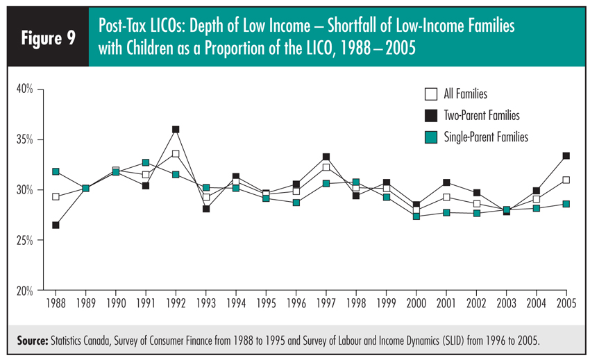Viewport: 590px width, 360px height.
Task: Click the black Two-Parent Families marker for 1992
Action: coord(176,130)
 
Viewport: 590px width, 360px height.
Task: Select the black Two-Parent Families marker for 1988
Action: coord(55,225)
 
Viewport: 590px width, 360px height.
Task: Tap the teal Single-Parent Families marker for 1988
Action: coord(55,171)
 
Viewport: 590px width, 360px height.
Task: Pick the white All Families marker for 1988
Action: coord(55,197)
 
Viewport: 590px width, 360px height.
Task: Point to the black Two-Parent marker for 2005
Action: coord(566,156)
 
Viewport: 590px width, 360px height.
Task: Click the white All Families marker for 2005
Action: coord(566,180)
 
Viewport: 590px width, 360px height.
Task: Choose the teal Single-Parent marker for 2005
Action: coord(566,204)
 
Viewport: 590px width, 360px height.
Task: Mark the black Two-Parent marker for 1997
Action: coord(326,157)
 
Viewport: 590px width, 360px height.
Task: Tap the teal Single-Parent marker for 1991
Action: coord(146,162)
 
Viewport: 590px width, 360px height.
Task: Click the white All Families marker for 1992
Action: coord(176,153)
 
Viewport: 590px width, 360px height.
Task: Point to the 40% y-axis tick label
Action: coord(26,89)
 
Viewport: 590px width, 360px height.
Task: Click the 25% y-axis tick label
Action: coord(26,240)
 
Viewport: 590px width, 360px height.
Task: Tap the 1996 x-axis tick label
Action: coord(296,303)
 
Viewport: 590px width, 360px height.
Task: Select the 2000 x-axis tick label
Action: coord(416,303)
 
